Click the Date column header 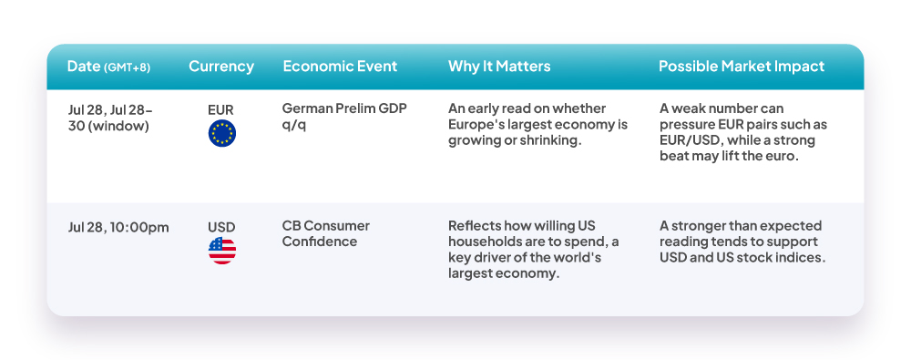coord(108,67)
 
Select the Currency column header coord(221,67)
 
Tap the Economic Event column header coord(340,67)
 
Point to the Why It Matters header coord(499,67)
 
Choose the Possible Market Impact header coord(742,67)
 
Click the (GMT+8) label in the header coord(127,67)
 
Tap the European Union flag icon coord(222,133)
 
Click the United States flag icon coord(222,251)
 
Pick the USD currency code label coord(222,227)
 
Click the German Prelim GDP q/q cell coord(344,117)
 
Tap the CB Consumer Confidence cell coord(326,234)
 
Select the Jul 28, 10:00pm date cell coord(118,228)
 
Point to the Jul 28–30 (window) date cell coord(110,118)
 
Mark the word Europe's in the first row coord(474,125)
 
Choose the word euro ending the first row coord(787,157)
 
